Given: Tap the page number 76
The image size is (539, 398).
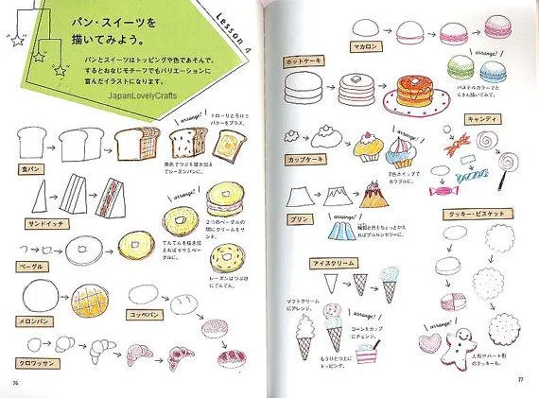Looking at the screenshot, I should click(16, 381).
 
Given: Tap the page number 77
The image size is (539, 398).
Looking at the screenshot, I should click(520, 382).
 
